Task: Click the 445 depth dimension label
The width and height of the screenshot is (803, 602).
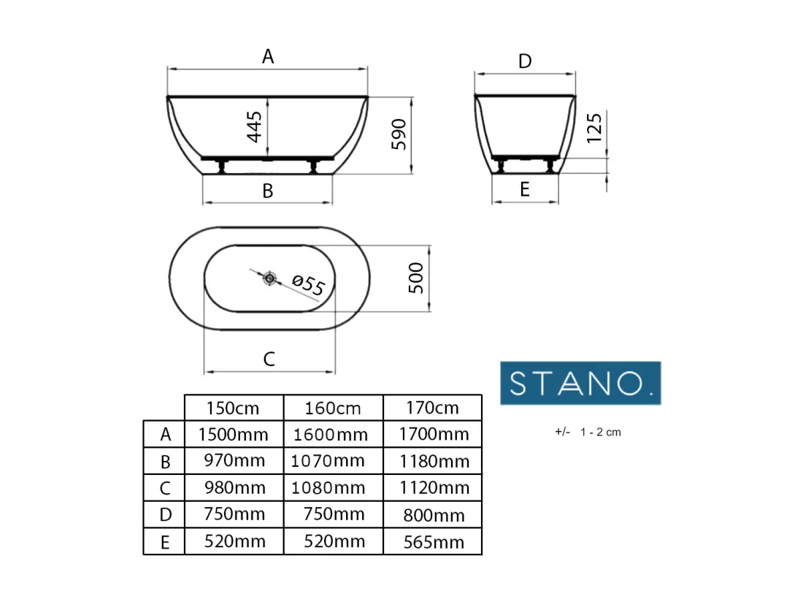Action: [255, 126]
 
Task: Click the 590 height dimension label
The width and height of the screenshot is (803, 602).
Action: [399, 134]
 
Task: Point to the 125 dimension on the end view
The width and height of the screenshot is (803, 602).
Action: [594, 128]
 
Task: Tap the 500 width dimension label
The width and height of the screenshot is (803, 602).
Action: [416, 278]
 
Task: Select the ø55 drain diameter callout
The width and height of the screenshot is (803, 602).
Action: [308, 285]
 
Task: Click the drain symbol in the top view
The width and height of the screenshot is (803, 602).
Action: [270, 278]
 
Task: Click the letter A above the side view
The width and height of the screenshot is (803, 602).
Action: [268, 56]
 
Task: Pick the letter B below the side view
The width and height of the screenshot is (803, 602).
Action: [267, 191]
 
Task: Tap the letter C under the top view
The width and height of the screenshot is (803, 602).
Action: [269, 359]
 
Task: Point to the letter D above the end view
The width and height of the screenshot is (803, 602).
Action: [525, 61]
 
